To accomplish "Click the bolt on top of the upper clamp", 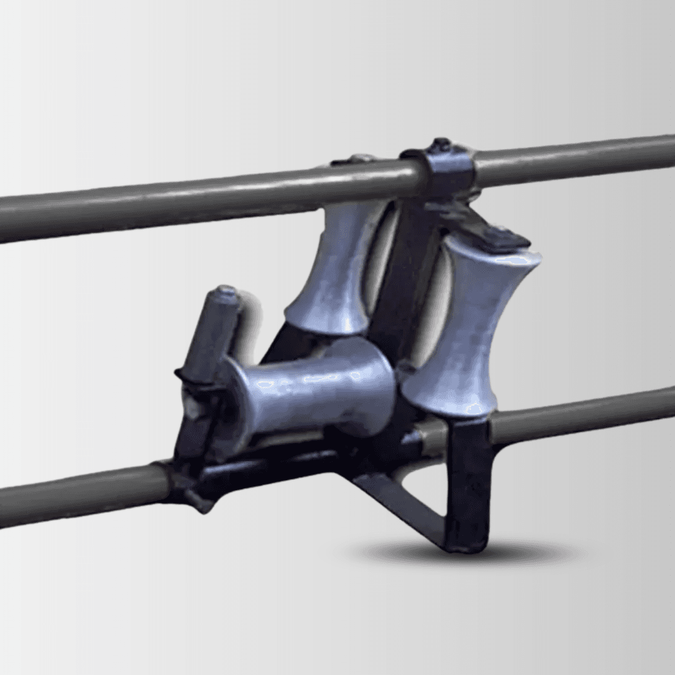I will tap(441, 144).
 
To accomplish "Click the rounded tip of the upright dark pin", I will tap(226, 292).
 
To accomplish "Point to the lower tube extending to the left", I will tap(75, 494).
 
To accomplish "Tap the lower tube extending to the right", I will tap(581, 416).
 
